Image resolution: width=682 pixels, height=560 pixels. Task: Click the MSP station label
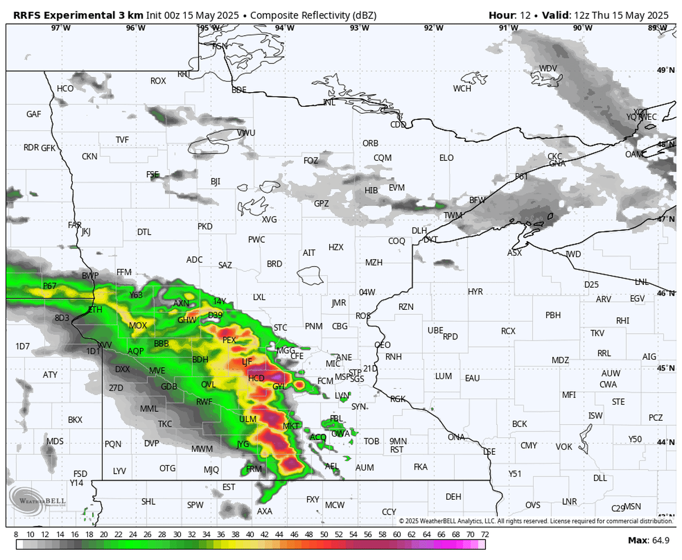click(x=343, y=377)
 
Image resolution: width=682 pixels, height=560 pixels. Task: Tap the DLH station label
click(x=419, y=230)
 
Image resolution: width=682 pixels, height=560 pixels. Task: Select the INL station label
click(x=329, y=102)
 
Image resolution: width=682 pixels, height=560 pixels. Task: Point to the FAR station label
click(x=74, y=225)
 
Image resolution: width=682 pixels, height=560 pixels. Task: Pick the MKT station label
click(x=291, y=426)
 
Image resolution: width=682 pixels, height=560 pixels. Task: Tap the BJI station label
click(x=215, y=182)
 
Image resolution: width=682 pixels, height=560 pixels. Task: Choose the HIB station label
click(x=371, y=190)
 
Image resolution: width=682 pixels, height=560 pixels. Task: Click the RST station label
click(x=397, y=449)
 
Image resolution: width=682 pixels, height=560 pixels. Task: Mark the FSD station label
click(x=80, y=474)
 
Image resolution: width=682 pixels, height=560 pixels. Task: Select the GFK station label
click(x=48, y=148)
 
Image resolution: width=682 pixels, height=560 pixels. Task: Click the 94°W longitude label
click(x=285, y=28)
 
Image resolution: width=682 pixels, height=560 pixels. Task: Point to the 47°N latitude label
click(x=664, y=219)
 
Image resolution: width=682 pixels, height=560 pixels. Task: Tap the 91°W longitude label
click(x=508, y=28)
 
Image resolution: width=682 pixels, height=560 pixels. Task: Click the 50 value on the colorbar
click(x=323, y=534)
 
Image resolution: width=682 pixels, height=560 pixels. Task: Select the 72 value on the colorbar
click(x=484, y=534)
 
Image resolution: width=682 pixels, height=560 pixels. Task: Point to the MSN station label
click(x=633, y=507)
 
